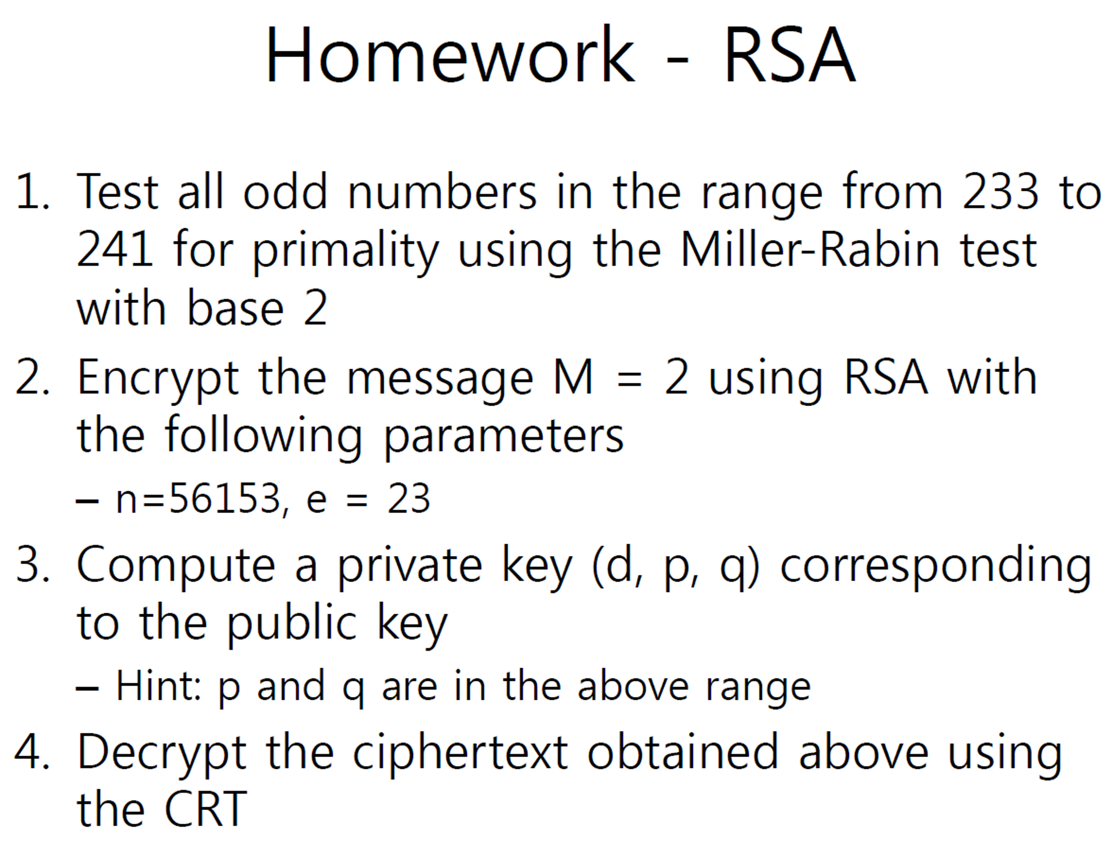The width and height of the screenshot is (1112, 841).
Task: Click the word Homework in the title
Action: [x=449, y=55]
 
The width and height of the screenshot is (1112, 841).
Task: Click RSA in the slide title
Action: [x=789, y=55]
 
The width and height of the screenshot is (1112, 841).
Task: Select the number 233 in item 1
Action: [x=1000, y=191]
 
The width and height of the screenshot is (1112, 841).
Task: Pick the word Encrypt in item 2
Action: [x=158, y=379]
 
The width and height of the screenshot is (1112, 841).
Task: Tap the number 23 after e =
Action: [x=409, y=499]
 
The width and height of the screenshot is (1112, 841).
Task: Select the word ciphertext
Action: [x=460, y=753]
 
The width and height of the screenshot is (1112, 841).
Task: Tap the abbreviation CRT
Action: [x=205, y=809]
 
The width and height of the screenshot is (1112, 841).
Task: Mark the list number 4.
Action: [x=33, y=753]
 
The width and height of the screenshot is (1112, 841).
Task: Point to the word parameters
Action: [x=503, y=437]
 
